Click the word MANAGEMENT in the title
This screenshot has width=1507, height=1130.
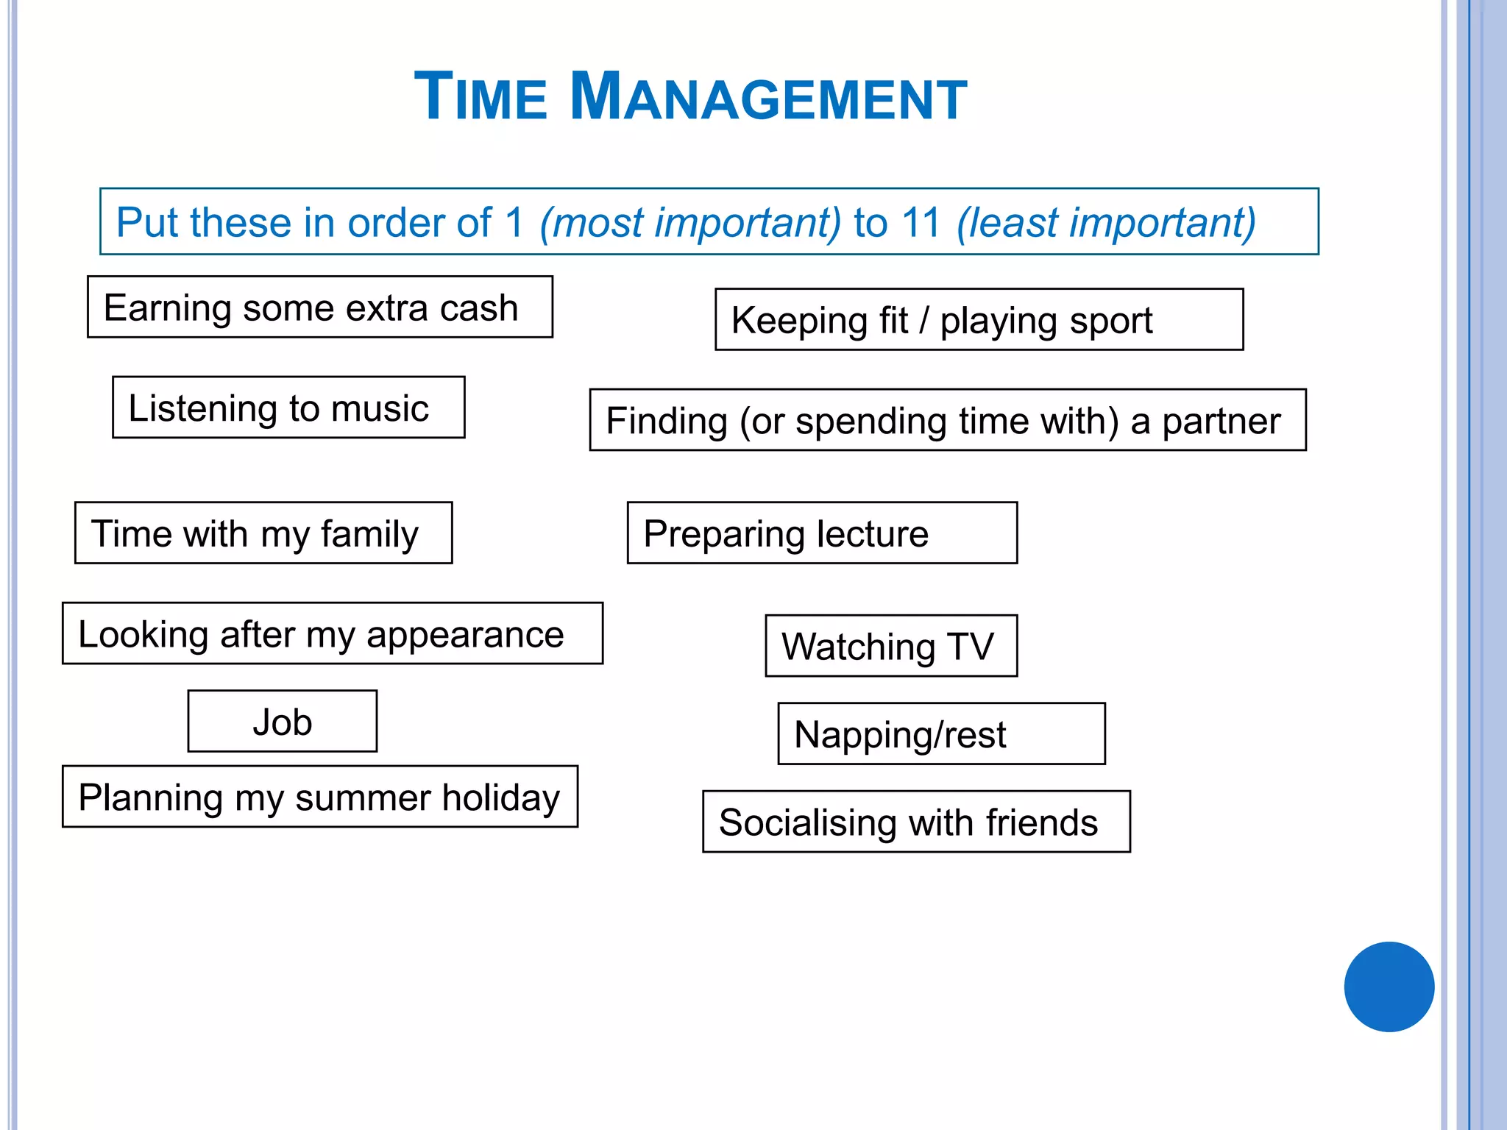[x=768, y=97]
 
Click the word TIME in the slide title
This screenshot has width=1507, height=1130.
[x=481, y=97]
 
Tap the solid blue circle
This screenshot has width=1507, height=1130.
[x=1389, y=987]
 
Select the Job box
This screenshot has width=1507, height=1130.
[x=283, y=722]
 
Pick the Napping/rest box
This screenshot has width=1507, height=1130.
[x=940, y=734]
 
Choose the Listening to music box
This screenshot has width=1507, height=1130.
[x=288, y=408]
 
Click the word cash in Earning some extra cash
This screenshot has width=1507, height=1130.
[x=479, y=308]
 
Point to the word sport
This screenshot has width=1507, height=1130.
[x=1110, y=321]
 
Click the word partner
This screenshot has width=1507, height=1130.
[x=1221, y=422]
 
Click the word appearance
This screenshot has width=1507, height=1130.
[x=465, y=635]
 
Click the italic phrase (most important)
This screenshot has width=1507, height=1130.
[x=689, y=222]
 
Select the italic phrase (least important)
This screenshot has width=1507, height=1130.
[x=1106, y=222]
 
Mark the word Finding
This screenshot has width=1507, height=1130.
[x=667, y=422]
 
